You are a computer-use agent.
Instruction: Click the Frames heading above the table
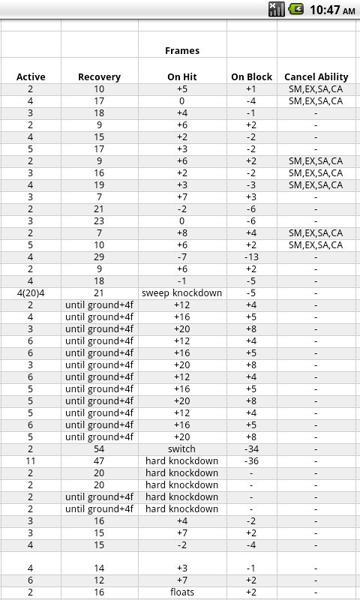tap(182, 51)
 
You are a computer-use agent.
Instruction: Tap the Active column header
tap(31, 76)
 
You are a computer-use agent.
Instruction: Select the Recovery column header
tap(99, 76)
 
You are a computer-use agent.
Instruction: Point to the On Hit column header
tap(182, 76)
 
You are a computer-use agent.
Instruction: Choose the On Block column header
tap(251, 76)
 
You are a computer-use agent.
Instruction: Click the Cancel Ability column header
tap(316, 76)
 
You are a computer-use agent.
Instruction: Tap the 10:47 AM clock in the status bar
tap(331, 10)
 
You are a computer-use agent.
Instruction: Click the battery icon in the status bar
tap(297, 10)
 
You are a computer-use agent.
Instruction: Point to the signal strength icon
tap(277, 10)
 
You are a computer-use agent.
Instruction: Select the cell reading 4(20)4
tap(31, 293)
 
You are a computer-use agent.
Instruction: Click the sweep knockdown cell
tap(182, 293)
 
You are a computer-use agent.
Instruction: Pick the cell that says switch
tap(182, 449)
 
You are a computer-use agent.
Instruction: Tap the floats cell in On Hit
tap(182, 592)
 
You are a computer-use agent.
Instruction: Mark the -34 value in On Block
tap(251, 449)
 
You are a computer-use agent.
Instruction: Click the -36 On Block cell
tap(251, 461)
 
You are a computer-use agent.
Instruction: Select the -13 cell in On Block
tap(251, 257)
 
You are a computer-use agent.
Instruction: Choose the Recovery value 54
tap(99, 449)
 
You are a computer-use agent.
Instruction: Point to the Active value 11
tap(31, 461)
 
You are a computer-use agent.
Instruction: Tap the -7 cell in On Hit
tap(182, 257)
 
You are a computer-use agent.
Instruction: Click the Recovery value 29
tap(99, 257)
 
